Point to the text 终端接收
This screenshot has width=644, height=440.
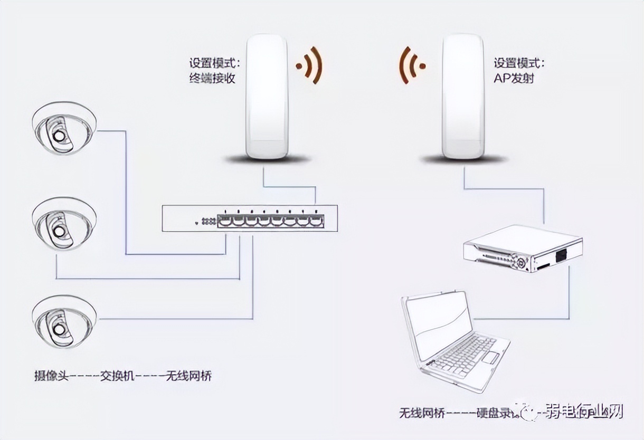212,78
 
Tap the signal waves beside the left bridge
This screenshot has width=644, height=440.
311,65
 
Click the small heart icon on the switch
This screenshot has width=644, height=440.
196,223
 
